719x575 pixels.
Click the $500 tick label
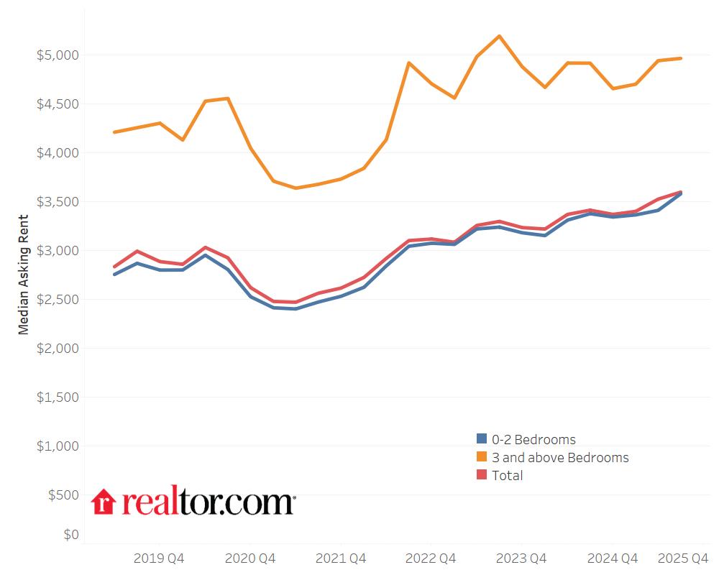(63, 495)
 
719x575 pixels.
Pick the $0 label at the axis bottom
(70, 535)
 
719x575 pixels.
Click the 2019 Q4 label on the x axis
(159, 558)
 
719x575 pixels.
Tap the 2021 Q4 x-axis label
(341, 558)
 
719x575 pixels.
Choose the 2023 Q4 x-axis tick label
(521, 558)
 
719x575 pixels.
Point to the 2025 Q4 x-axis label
(684, 558)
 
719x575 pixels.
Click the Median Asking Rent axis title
(24, 275)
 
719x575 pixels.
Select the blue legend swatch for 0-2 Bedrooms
(482, 439)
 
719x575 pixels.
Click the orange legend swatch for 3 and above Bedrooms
(482, 457)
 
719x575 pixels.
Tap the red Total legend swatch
(482, 475)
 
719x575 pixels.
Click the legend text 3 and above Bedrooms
(560, 458)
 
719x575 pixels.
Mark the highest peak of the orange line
(499, 36)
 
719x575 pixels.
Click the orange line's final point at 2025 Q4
(681, 58)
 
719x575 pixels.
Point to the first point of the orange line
(114, 132)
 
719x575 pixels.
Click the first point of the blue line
(114, 274)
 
